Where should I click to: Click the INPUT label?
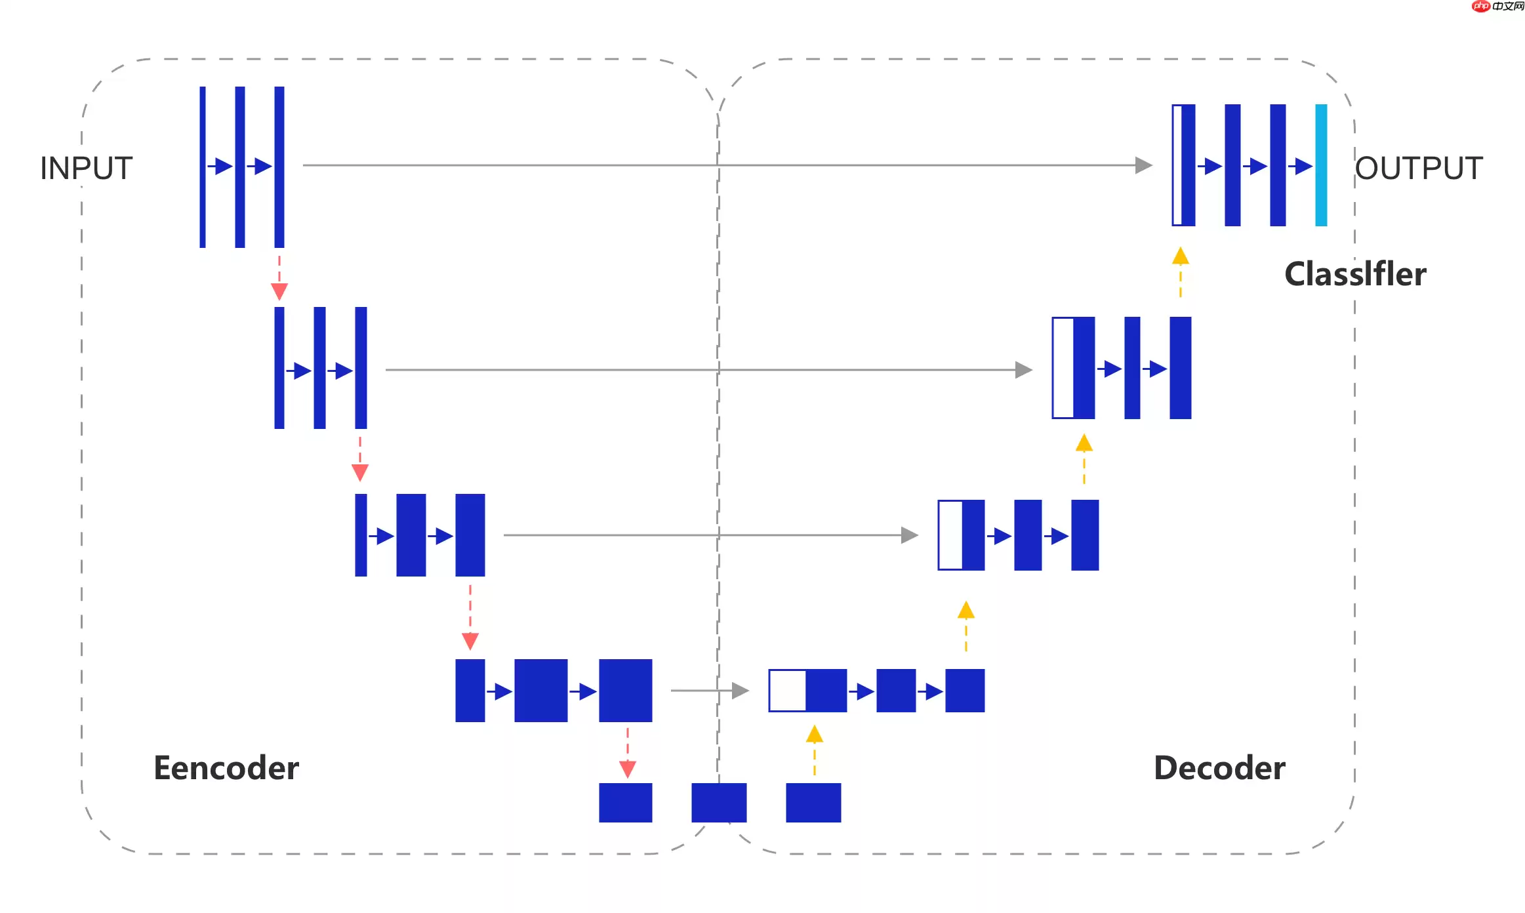86,169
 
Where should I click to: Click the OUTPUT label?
1419,169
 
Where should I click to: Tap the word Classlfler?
1355,274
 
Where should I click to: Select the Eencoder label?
226,768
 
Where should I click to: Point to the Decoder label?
1219,768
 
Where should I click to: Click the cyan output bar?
1321,165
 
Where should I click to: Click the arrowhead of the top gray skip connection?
1143,165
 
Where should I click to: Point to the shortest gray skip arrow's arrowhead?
740,691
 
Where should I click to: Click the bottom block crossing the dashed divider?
719,802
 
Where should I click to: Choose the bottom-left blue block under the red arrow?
626,802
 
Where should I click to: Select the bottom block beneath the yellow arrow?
813,802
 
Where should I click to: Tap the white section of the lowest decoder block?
788,691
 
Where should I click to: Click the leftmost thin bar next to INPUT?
203,167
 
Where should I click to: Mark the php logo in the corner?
1481,7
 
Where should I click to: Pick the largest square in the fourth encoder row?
626,691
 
